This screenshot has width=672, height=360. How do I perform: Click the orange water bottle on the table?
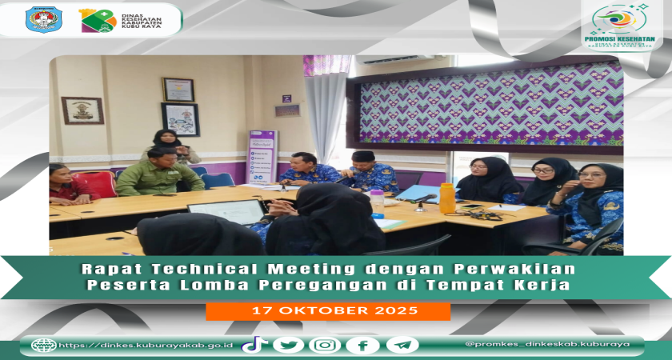pyautogui.click(x=447, y=198)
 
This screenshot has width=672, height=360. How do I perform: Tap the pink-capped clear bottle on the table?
pyautogui.click(x=377, y=204)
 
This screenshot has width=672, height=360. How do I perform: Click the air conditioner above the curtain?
pyautogui.click(x=390, y=60)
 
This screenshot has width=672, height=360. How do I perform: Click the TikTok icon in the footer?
pyautogui.click(x=254, y=345)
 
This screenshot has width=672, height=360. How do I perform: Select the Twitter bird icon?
pyautogui.click(x=288, y=345)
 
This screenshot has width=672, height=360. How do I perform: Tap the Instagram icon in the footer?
pyautogui.click(x=325, y=345)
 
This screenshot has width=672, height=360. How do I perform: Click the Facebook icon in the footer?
pyautogui.click(x=362, y=345)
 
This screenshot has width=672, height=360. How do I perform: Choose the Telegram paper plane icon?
pyautogui.click(x=402, y=345)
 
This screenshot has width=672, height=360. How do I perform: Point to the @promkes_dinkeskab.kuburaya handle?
pyautogui.click(x=547, y=345)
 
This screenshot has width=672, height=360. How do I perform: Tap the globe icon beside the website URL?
pyautogui.click(x=43, y=345)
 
